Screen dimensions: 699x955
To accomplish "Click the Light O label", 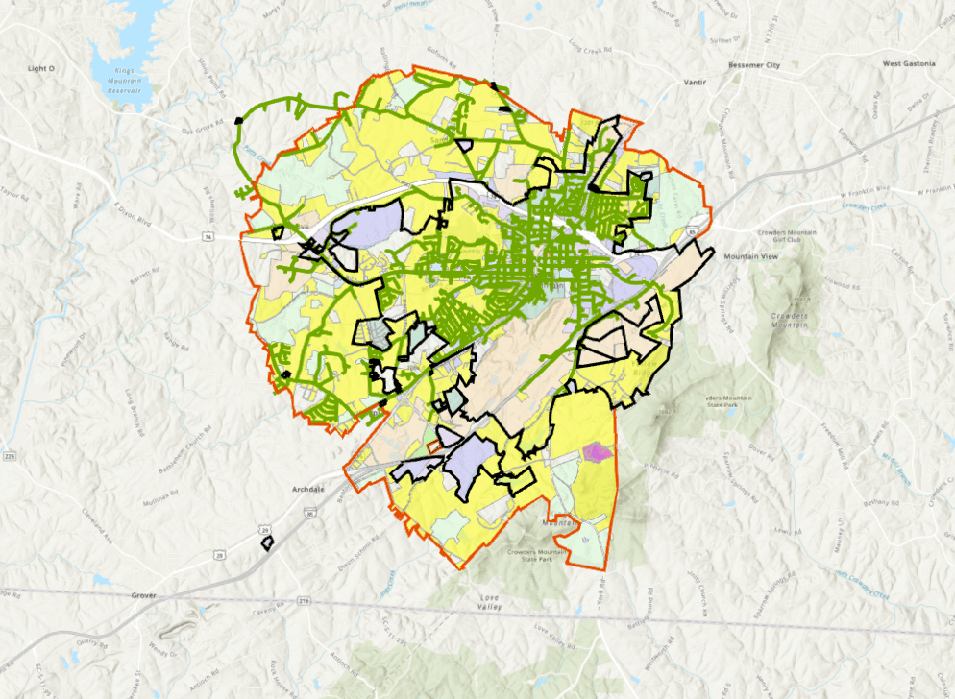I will (41, 69).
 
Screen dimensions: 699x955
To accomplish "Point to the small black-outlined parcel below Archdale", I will (268, 543).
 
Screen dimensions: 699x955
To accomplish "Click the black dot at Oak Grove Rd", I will (238, 120).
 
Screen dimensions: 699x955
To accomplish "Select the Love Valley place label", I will (490, 603).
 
